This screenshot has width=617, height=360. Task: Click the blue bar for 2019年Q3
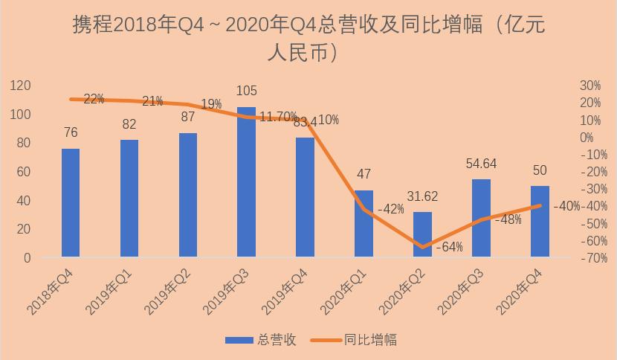click(x=246, y=182)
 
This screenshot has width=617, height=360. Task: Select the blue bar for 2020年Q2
click(x=422, y=234)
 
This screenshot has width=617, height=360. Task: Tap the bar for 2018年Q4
click(x=71, y=203)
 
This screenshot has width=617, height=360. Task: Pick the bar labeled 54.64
click(x=481, y=218)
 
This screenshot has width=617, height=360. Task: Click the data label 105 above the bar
click(x=246, y=91)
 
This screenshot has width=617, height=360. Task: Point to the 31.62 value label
click(x=422, y=196)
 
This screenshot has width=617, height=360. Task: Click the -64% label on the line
click(x=450, y=247)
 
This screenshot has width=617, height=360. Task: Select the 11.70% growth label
click(x=278, y=117)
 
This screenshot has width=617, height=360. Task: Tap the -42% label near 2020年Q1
click(x=391, y=209)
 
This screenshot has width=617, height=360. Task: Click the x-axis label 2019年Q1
click(x=109, y=292)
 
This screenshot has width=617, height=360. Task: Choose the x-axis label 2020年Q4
click(x=520, y=292)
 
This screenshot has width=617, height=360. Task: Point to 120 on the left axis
click(x=21, y=86)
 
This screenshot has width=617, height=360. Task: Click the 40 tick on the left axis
click(x=24, y=201)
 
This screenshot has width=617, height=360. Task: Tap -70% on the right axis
click(x=594, y=258)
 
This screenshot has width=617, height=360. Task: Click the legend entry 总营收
click(x=261, y=339)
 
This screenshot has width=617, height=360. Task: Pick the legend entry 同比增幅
click(x=354, y=339)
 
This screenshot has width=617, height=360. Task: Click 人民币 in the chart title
click(x=297, y=52)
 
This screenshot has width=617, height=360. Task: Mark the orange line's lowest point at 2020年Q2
click(x=423, y=248)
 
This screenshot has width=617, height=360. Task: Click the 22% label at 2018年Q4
click(x=94, y=99)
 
